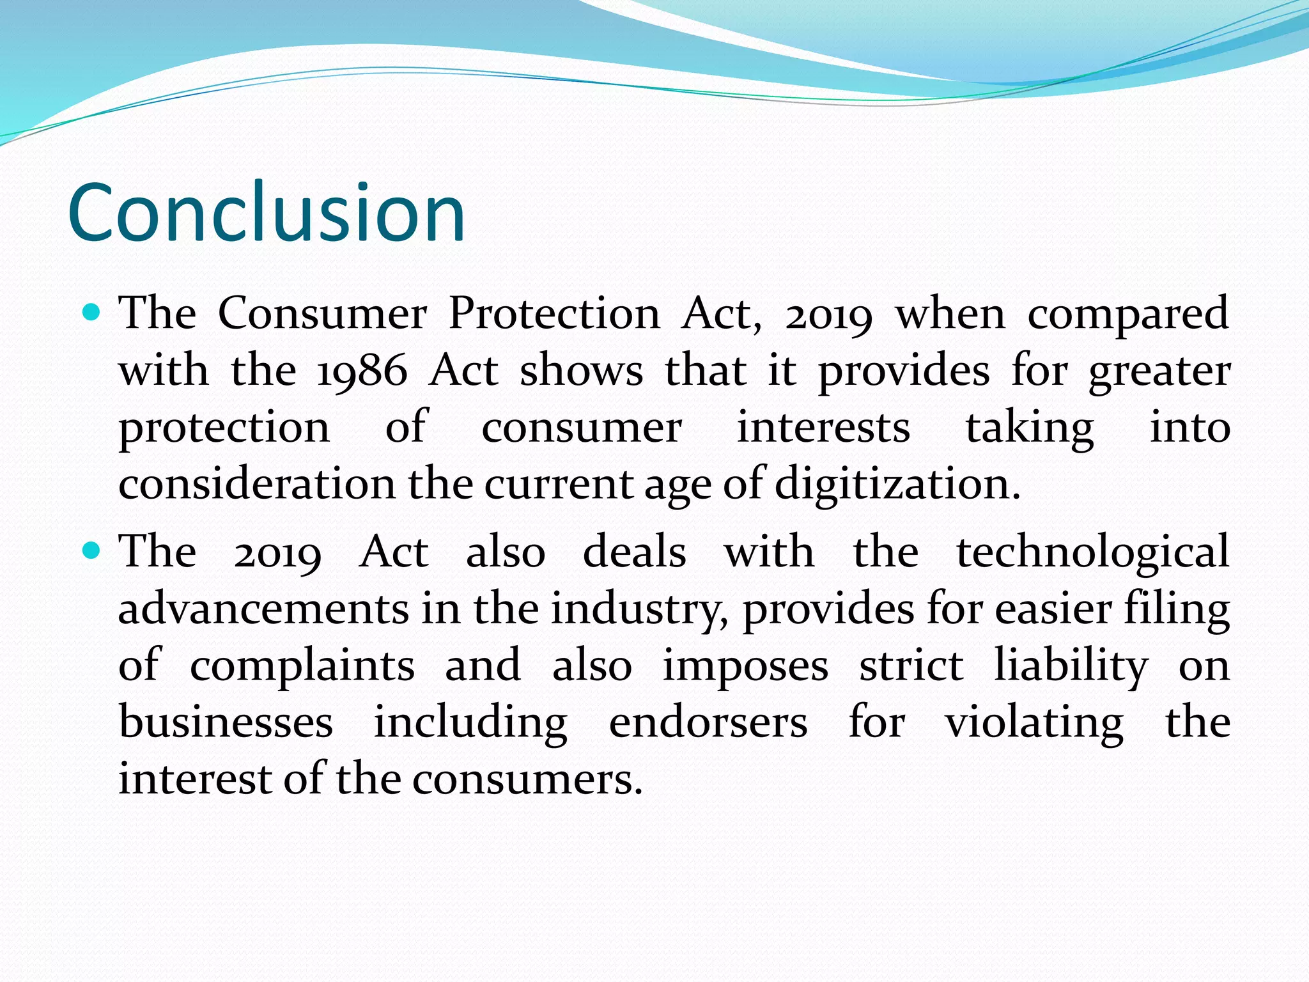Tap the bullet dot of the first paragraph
click(x=92, y=313)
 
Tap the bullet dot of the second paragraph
click(x=92, y=550)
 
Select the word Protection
click(x=554, y=314)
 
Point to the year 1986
click(x=362, y=371)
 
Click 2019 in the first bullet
click(x=828, y=315)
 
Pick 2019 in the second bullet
click(x=277, y=552)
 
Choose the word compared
click(x=1127, y=315)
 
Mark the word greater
click(x=1159, y=372)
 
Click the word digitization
click(x=897, y=485)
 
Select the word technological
click(x=1092, y=552)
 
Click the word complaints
click(x=302, y=666)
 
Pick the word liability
click(x=1071, y=666)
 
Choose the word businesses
click(x=226, y=722)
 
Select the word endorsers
click(x=708, y=722)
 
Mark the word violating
click(x=1034, y=723)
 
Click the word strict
click(x=911, y=665)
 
